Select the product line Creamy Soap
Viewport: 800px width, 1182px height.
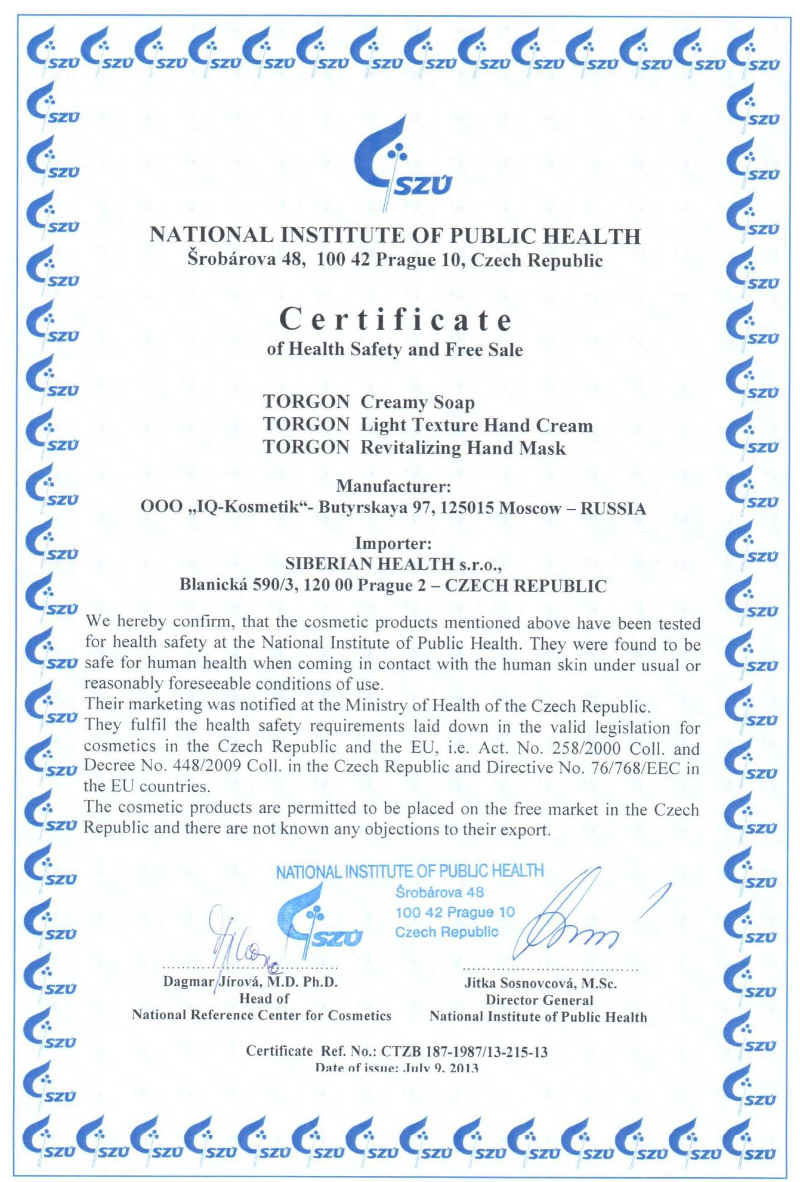pyautogui.click(x=418, y=402)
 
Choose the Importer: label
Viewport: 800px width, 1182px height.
pyautogui.click(x=393, y=544)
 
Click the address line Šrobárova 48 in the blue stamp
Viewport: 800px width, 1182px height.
pyautogui.click(x=439, y=892)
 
